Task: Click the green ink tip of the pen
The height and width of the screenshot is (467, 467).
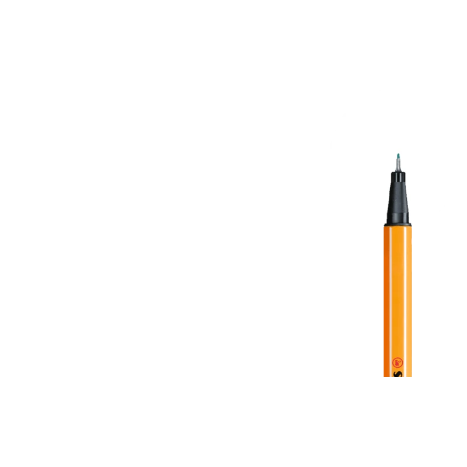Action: tap(398, 155)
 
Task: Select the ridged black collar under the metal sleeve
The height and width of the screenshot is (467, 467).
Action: tap(398, 177)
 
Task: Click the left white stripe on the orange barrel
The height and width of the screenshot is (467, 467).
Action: tap(390, 292)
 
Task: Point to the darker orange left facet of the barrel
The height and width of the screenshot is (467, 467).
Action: tap(386, 292)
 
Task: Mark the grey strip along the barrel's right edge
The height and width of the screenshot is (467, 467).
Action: tap(412, 292)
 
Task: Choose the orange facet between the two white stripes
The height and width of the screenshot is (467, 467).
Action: tap(398, 292)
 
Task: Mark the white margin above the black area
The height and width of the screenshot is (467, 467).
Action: tap(233, 47)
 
